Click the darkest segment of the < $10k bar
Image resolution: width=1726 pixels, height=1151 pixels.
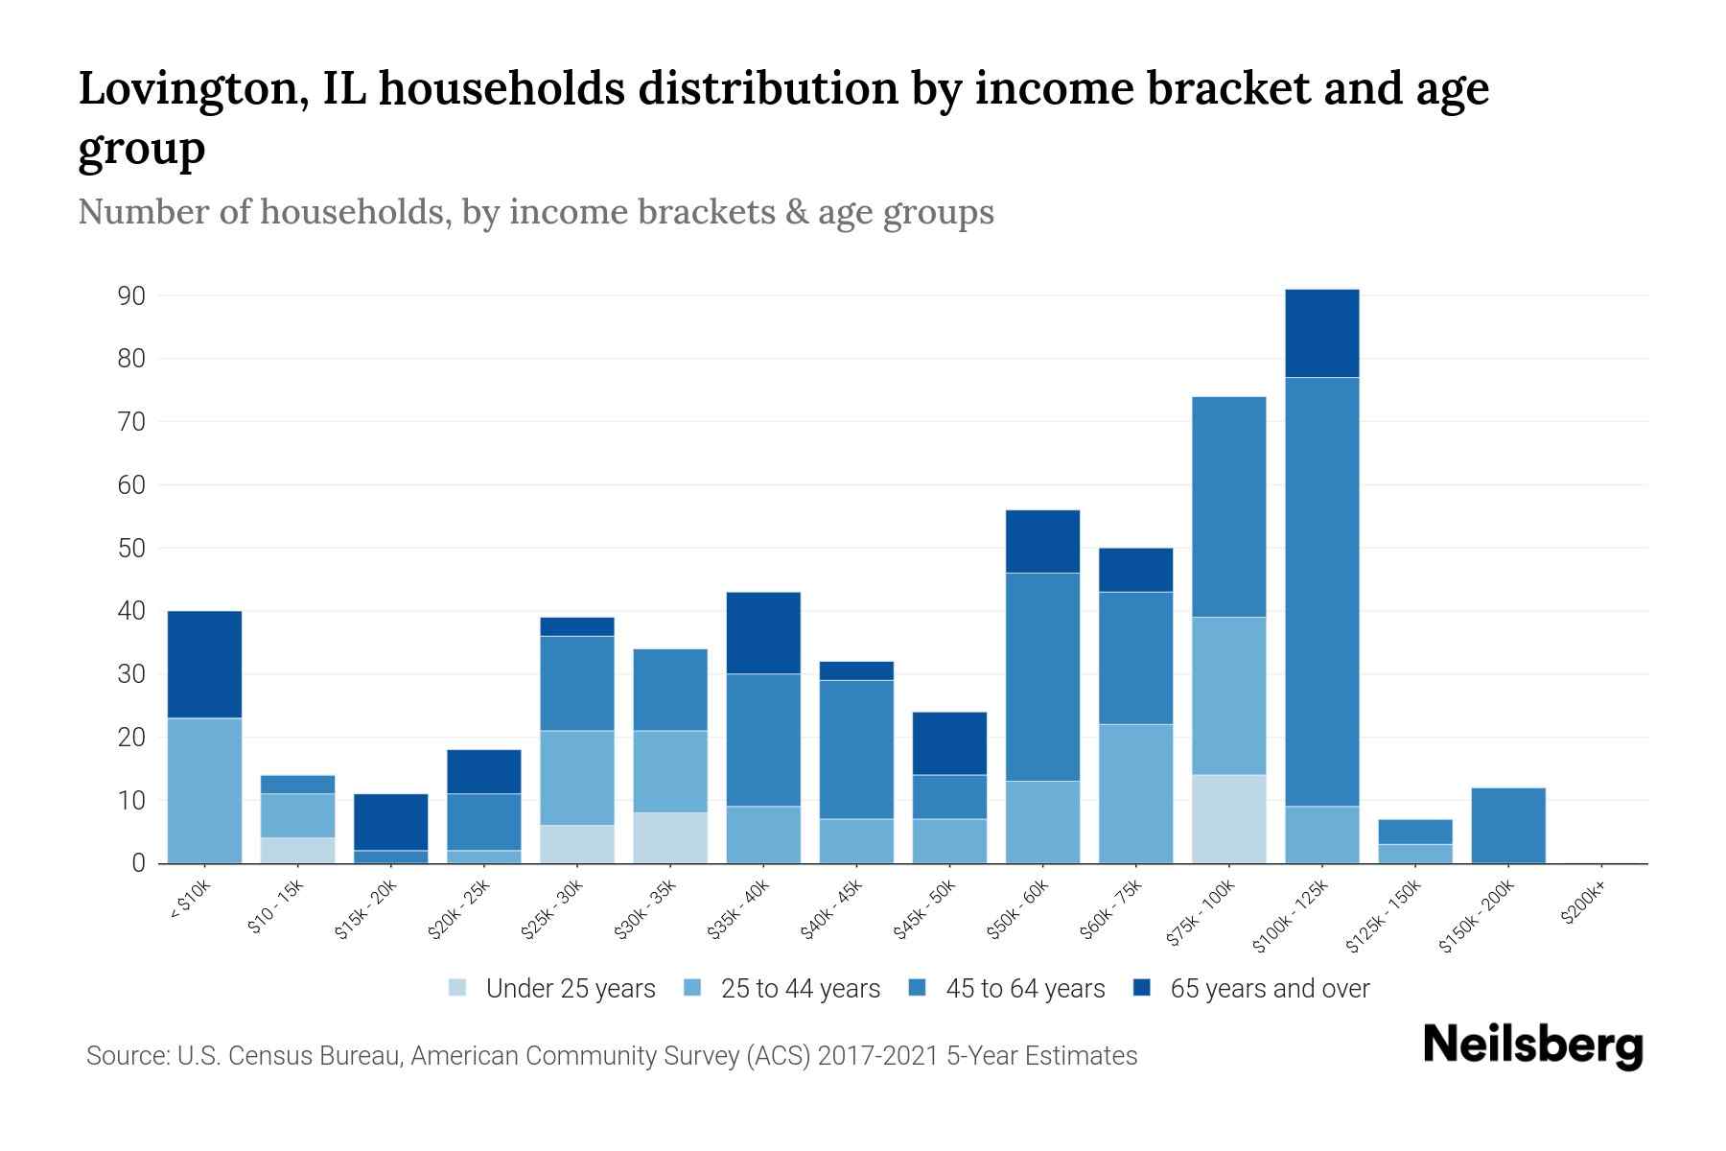204,664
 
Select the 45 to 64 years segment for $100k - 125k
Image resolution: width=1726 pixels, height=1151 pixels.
1322,592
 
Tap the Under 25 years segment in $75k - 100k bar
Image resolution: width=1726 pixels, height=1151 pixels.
1228,818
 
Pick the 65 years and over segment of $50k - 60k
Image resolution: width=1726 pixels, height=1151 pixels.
1042,541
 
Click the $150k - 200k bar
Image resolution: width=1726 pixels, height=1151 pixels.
1508,825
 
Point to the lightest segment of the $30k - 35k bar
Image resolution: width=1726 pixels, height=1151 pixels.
670,837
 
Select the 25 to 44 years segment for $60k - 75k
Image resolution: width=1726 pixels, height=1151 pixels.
1135,793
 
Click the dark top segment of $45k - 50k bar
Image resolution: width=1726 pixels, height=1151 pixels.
949,742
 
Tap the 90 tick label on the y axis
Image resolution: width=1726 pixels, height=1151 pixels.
131,296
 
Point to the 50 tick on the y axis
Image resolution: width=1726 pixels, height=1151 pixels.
131,549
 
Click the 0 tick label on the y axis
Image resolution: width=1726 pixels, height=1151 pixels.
138,863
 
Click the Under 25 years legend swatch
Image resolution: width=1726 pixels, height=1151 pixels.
458,988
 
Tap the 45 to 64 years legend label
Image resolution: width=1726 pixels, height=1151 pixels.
1025,988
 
